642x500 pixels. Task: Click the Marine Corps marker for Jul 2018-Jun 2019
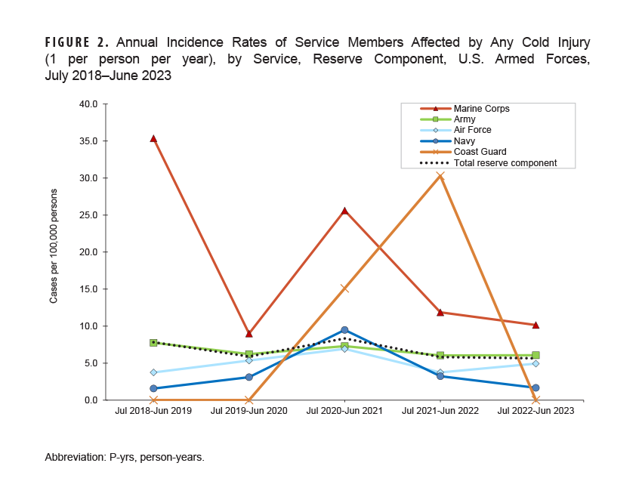pos(153,139)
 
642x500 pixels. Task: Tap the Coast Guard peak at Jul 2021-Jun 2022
pos(440,176)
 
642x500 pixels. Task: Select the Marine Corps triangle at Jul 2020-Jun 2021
pos(344,211)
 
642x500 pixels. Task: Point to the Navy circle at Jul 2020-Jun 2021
pos(344,330)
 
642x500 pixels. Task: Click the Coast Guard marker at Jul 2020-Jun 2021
pos(344,289)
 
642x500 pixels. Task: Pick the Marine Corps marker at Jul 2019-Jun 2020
pos(248,333)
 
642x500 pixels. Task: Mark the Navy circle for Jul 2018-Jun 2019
pos(153,388)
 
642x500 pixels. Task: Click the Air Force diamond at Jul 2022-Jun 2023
pos(536,363)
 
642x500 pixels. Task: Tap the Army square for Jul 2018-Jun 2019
pos(153,343)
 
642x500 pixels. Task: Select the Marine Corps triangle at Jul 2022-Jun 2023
pos(536,325)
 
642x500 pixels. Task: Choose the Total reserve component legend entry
pos(505,162)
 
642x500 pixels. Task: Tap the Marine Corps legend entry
pos(481,109)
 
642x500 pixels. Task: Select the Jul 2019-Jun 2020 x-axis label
pos(248,411)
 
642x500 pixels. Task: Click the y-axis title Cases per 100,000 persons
pos(54,252)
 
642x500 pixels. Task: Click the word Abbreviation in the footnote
pos(74,457)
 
